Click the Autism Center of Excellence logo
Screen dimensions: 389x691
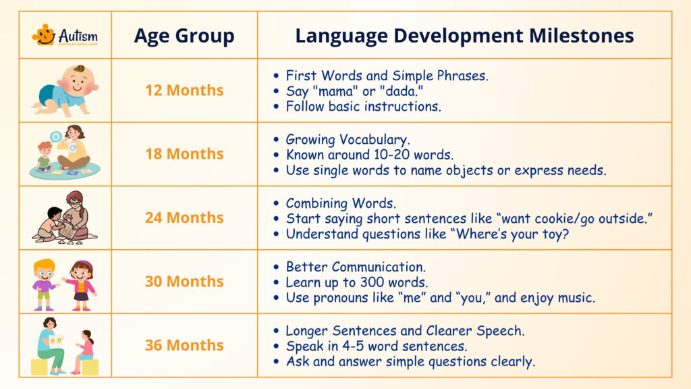[65, 35]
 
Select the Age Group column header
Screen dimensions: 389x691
[184, 36]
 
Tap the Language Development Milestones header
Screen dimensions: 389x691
[464, 36]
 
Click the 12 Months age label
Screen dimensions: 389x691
[184, 90]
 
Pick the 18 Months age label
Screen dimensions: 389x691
[184, 154]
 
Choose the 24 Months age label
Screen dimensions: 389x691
[184, 217]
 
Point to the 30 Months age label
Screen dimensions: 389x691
[184, 281]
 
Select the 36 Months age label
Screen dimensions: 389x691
[184, 345]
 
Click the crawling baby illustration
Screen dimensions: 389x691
[65, 90]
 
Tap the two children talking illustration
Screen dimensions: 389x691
[65, 282]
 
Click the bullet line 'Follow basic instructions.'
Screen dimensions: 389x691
[363, 107]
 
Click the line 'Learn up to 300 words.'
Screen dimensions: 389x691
[357, 282]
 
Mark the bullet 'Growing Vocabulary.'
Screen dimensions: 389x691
[348, 140]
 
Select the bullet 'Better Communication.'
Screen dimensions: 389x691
[355, 267]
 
